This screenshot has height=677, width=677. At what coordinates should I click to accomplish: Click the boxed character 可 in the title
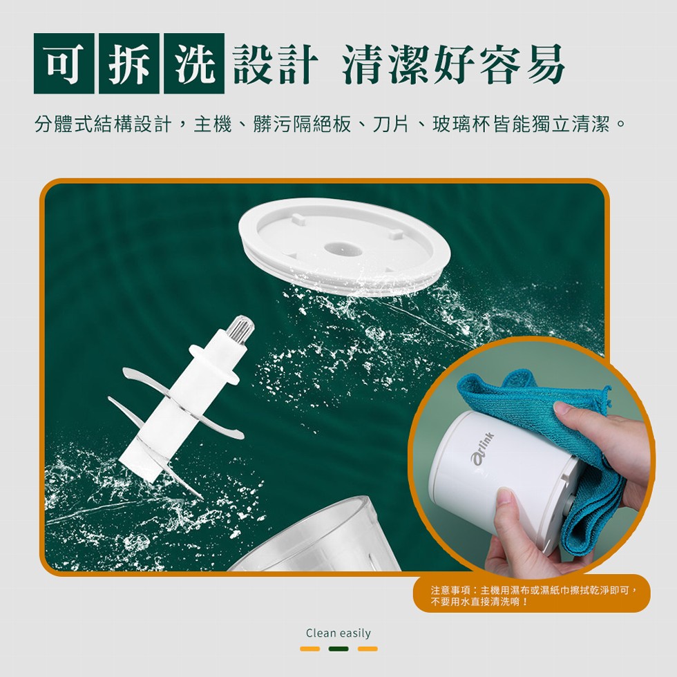(x=64, y=64)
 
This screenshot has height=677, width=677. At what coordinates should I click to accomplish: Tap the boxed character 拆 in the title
(x=129, y=64)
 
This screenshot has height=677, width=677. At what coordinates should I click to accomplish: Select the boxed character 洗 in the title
(x=194, y=64)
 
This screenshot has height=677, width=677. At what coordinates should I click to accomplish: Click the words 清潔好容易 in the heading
(x=453, y=64)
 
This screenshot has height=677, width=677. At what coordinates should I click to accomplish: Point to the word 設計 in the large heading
(x=276, y=64)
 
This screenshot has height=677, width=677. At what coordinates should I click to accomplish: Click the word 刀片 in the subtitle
(x=390, y=124)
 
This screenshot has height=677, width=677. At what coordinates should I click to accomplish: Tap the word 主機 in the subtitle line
(x=213, y=124)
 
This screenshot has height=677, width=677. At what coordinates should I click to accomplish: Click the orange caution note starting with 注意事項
(x=532, y=593)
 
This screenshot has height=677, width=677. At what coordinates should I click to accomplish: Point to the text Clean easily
(x=338, y=633)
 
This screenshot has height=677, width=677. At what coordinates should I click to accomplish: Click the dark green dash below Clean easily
(x=338, y=649)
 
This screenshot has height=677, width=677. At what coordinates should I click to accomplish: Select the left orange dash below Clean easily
(x=310, y=649)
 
